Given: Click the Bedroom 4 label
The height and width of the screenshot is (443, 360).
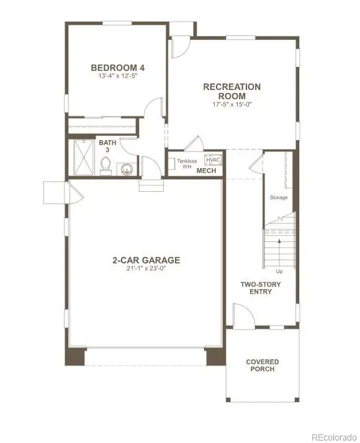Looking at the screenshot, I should coord(118,68).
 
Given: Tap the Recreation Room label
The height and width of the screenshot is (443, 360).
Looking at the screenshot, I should coord(232,91).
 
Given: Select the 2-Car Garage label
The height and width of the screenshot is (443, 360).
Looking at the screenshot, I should coord(146,260).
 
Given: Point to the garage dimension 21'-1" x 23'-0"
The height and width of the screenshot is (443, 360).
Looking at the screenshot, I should coord(146,269).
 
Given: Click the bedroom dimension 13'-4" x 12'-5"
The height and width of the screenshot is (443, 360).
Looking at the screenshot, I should coord(118,76).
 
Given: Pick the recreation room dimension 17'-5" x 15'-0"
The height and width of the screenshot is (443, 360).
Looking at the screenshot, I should coord(232,104).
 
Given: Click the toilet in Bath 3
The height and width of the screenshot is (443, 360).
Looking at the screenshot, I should coord(106,165).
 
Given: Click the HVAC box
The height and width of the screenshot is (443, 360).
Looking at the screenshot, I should coord(212,159).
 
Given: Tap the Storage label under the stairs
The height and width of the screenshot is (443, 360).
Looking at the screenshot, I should coord(278,197).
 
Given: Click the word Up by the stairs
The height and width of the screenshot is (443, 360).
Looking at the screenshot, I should coord(279,271).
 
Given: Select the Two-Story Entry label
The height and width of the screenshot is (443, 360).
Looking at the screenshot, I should coord(261,288).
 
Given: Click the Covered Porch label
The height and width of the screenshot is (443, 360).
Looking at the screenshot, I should coord(263,365).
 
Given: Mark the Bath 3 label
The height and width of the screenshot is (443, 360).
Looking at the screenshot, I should coord(107,147).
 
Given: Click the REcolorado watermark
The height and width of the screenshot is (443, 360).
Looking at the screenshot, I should coord(333,436).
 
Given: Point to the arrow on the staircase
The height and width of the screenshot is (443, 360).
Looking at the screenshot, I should coord(279,244).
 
